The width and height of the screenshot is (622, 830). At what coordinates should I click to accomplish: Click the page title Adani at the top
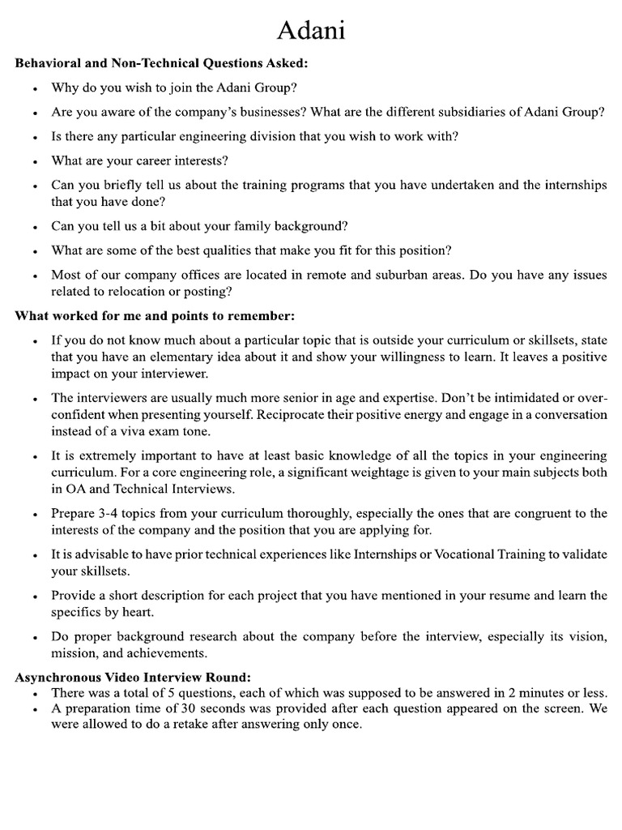[311, 30]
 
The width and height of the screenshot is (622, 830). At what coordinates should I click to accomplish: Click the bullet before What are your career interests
[33, 161]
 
